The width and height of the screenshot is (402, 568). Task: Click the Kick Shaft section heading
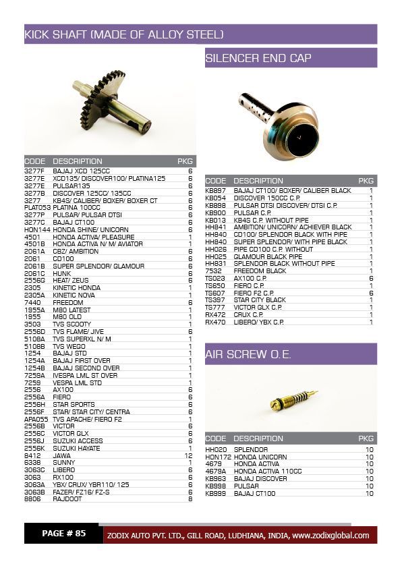pyautogui.click(x=124, y=34)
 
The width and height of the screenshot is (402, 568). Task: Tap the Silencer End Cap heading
pyautogui.click(x=258, y=58)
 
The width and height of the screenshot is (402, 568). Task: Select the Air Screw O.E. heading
pyautogui.click(x=248, y=354)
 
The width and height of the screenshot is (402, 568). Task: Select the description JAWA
pyautogui.click(x=61, y=455)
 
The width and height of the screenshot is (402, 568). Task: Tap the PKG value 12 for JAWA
pyautogui.click(x=188, y=455)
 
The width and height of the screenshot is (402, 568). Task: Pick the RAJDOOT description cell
pyautogui.click(x=67, y=499)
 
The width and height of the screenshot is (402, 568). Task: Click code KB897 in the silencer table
pyautogui.click(x=216, y=191)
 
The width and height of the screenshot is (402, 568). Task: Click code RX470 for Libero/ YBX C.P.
pyautogui.click(x=215, y=322)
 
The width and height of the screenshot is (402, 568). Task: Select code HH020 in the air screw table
pyautogui.click(x=216, y=449)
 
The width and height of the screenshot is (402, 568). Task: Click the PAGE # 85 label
pyautogui.click(x=63, y=534)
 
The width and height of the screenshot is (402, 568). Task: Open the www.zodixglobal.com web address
pyautogui.click(x=331, y=536)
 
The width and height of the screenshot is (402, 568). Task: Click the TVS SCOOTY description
pyautogui.click(x=71, y=324)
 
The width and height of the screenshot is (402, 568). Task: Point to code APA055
pyautogui.click(x=36, y=419)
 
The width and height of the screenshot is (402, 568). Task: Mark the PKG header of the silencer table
pyautogui.click(x=366, y=181)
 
